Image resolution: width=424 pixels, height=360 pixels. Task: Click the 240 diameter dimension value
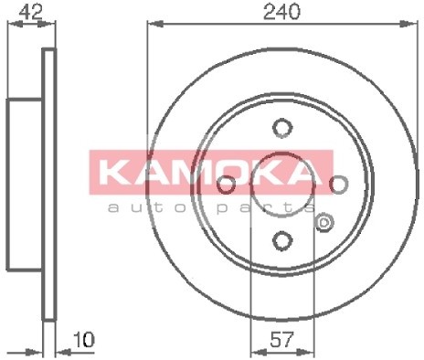pos(281,12)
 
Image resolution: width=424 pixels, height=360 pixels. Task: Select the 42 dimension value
pos(30,13)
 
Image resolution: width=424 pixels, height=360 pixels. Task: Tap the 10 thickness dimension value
pos(84,340)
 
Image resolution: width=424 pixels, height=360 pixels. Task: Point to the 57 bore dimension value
pos(281,340)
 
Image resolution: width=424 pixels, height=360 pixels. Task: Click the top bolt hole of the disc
pos(282,128)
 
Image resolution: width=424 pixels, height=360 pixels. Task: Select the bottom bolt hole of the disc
pos(282,240)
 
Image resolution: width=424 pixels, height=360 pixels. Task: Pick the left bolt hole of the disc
pos(226,185)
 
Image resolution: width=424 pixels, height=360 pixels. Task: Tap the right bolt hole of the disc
pos(338,185)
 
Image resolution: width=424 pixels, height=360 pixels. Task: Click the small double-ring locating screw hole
pos(324,223)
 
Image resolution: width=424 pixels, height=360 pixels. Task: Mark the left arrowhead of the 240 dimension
pos(154,24)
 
